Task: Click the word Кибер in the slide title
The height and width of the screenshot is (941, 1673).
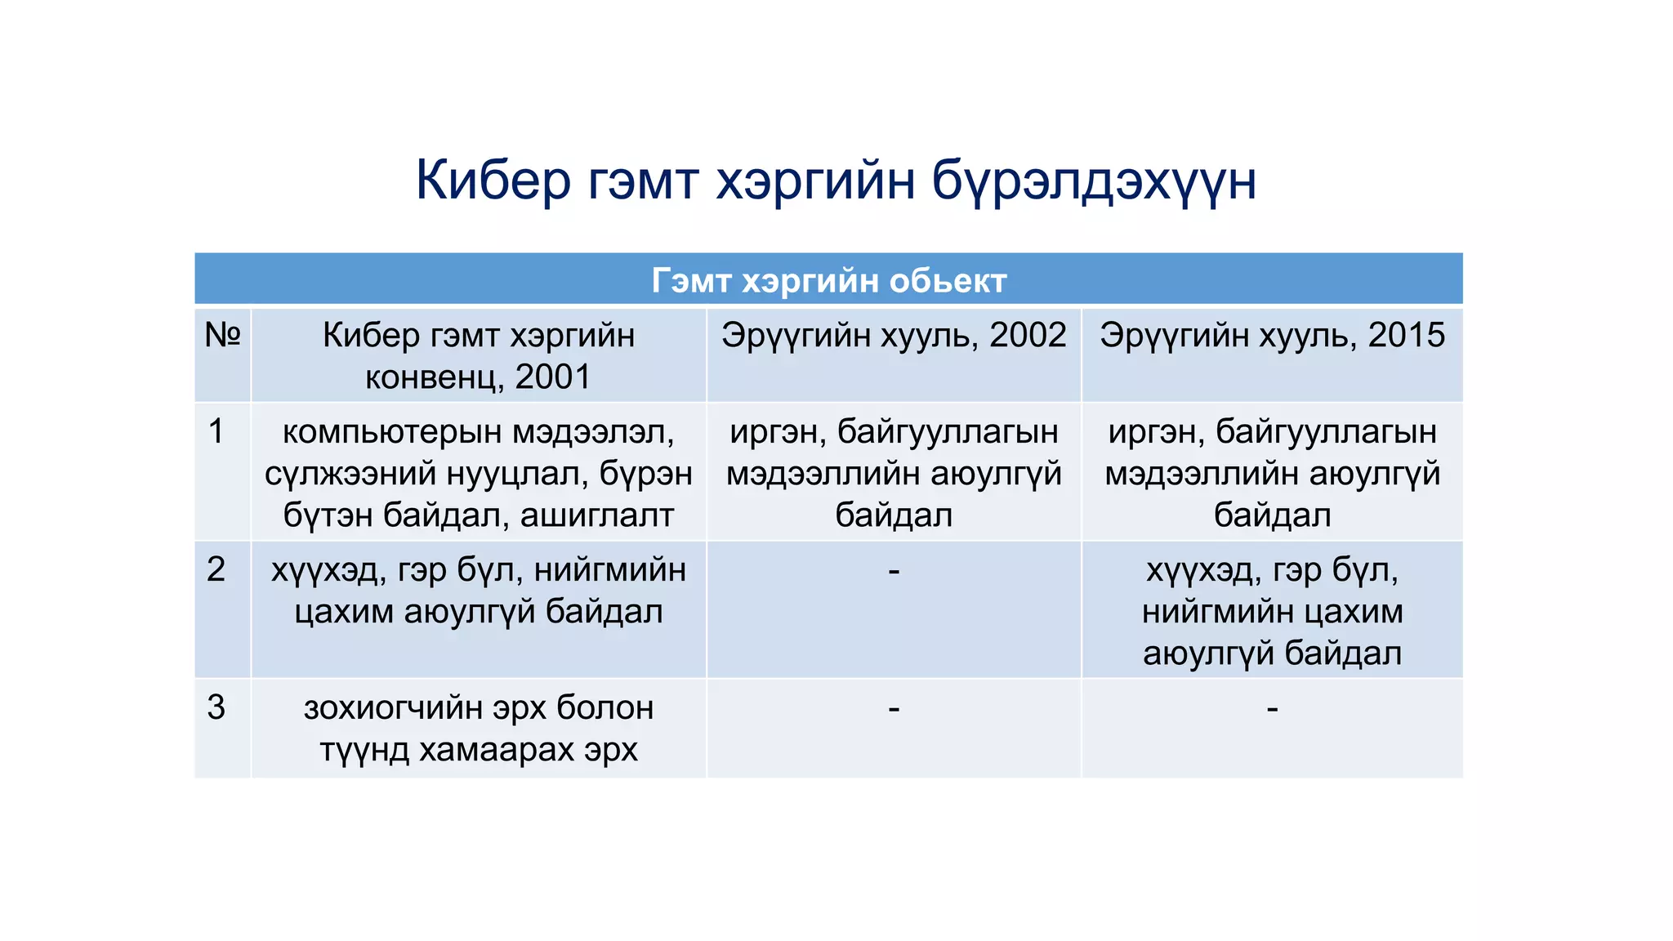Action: [x=493, y=181]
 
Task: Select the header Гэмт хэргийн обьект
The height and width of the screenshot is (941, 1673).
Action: [x=828, y=281]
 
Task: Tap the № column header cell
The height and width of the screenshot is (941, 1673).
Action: [x=222, y=335]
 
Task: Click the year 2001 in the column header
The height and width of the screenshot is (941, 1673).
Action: [x=552, y=377]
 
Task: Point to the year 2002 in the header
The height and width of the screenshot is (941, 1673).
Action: [x=1028, y=336]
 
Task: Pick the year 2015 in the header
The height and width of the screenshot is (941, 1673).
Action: [x=1406, y=336]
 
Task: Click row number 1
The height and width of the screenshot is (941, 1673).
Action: [x=216, y=431]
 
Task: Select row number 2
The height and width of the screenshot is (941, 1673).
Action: [x=216, y=569]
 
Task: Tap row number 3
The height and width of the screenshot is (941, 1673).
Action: [x=216, y=707]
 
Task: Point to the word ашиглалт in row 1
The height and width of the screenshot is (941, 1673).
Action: [x=596, y=515]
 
